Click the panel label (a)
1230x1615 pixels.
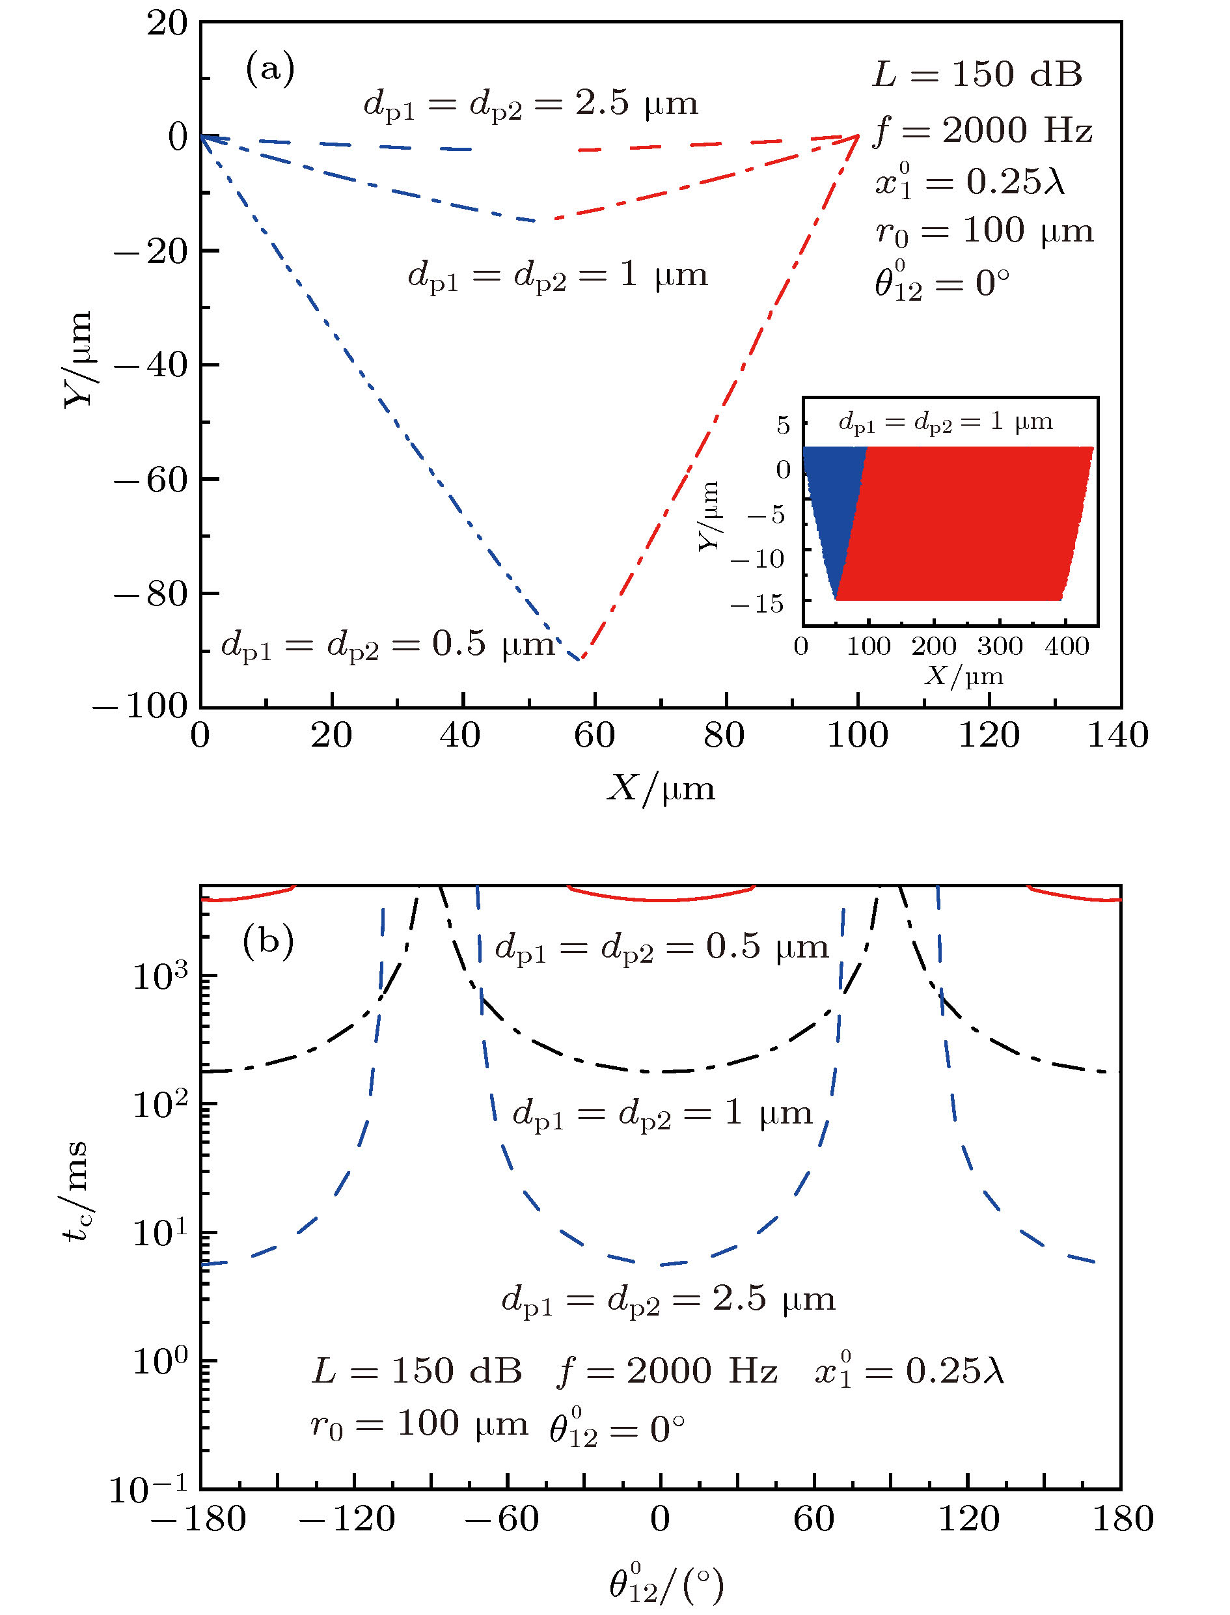coord(270,70)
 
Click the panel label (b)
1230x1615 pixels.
coord(268,941)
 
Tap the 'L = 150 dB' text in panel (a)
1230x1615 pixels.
coord(977,75)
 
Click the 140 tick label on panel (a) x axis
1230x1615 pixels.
coord(1117,736)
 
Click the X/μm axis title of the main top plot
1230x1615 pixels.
coord(661,789)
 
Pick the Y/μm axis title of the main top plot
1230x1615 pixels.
coord(77,359)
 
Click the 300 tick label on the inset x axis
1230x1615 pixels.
coord(1000,646)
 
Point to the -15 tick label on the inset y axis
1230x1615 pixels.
coord(757,603)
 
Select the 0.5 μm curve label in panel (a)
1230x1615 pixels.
coord(388,645)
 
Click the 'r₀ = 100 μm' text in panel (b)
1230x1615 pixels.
coord(419,1424)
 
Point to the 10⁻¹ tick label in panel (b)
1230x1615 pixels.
coord(150,1489)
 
